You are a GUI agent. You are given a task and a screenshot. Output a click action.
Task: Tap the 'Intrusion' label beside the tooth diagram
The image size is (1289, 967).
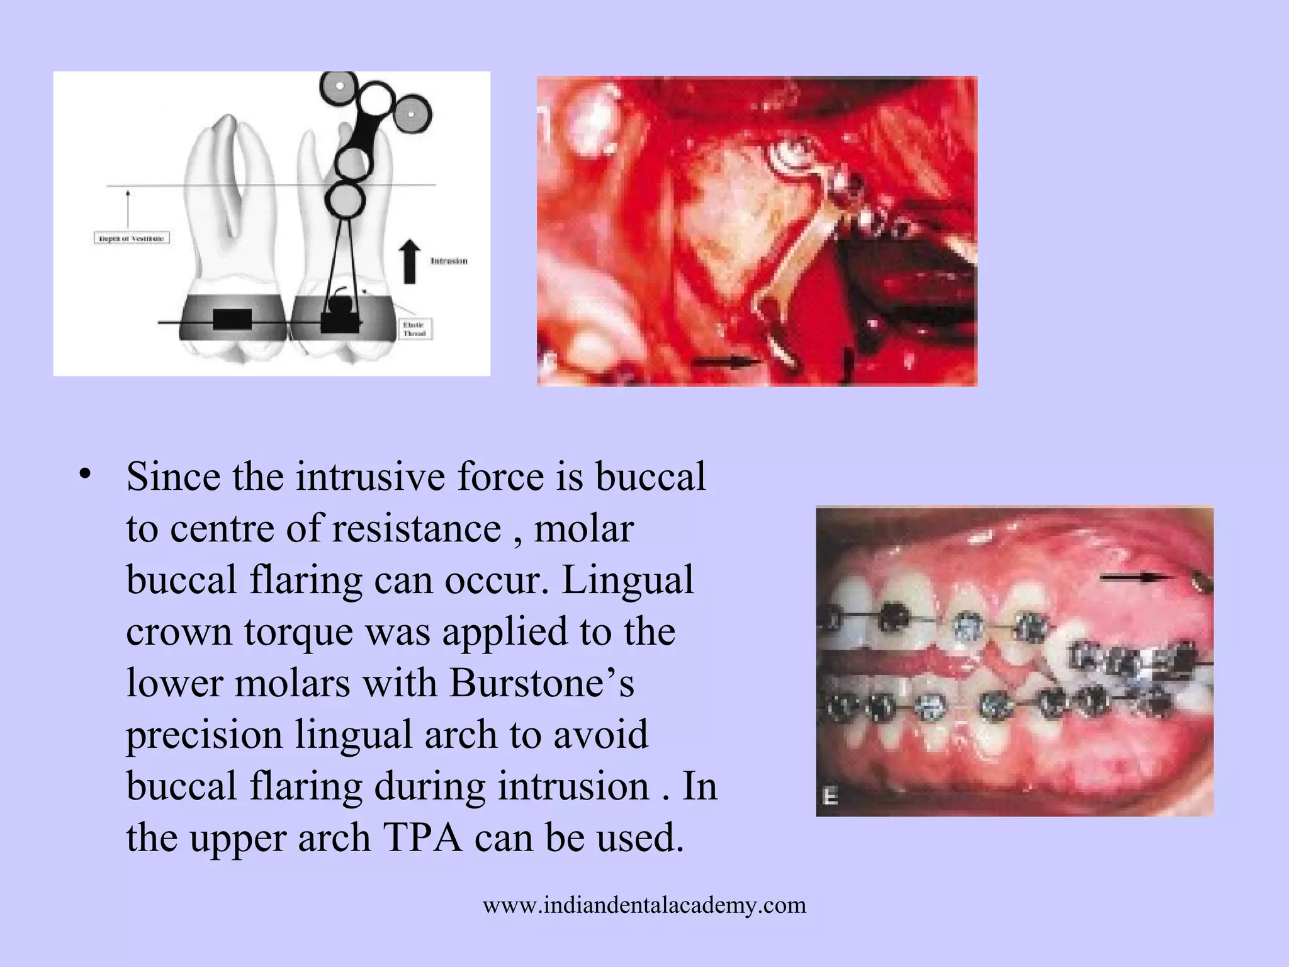coord(449,261)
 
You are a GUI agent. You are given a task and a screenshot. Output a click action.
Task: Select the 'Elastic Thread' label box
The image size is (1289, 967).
coord(414,329)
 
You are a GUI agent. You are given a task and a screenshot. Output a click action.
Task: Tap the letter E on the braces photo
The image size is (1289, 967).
coord(830,797)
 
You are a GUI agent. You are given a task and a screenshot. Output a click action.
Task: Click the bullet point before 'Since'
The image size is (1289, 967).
coord(86,475)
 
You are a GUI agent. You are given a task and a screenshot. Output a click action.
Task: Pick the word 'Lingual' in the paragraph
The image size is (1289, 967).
coord(628,579)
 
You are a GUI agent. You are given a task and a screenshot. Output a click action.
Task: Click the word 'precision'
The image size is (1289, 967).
coord(205,735)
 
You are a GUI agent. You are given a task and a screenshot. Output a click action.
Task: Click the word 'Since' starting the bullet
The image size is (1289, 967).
coord(174,476)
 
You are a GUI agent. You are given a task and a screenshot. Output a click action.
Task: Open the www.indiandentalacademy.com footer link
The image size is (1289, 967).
coord(644,905)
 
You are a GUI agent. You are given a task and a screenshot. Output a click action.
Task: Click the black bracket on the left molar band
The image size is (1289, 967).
coord(232,319)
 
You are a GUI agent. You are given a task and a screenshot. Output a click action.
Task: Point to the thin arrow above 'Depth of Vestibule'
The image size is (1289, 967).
coord(128,208)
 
